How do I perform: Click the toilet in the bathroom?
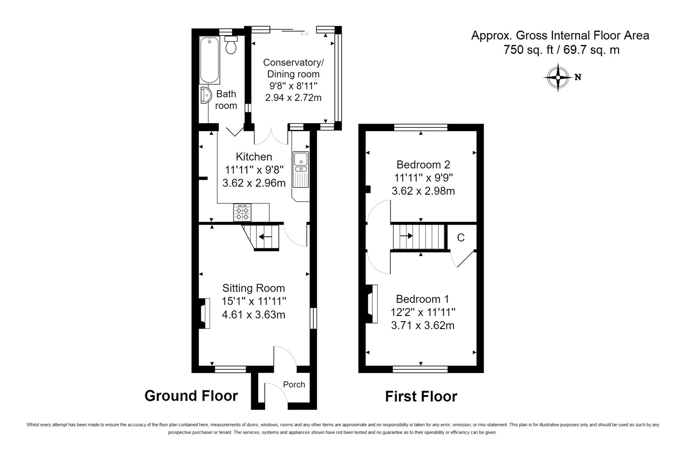(231, 45)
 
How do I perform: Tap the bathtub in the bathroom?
(210, 60)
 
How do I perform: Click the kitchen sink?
(301, 169)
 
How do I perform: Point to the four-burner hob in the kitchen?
(242, 213)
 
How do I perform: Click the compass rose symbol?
(558, 77)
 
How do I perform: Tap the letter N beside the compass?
(578, 77)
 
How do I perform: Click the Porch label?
(294, 384)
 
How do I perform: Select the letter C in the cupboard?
(461, 237)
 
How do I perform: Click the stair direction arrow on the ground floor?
(265, 236)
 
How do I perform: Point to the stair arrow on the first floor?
(406, 236)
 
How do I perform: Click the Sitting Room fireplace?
(205, 313)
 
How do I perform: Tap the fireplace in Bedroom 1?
(371, 304)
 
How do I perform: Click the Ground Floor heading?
(191, 395)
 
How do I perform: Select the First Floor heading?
(421, 396)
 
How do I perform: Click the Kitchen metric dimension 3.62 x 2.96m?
(254, 183)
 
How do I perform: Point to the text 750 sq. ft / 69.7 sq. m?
(561, 50)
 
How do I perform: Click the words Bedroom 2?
(423, 165)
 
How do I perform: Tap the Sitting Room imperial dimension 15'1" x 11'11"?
(254, 301)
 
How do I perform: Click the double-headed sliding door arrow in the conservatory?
(305, 34)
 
